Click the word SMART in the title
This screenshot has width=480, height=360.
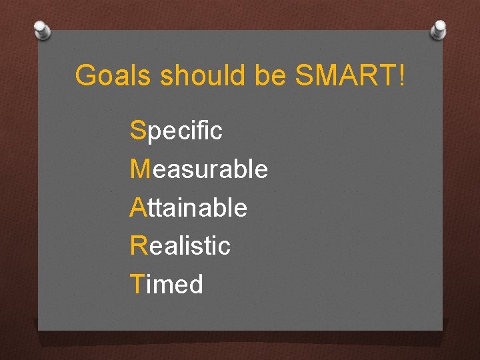(x=345, y=76)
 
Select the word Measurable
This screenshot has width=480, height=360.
(x=199, y=169)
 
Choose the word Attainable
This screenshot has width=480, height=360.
(x=189, y=207)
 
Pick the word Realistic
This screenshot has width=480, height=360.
(x=181, y=245)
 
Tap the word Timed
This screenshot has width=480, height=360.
(x=167, y=284)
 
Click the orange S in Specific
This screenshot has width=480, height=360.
(x=138, y=131)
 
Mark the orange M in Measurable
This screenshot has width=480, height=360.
(x=141, y=169)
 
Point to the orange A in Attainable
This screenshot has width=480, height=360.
(x=138, y=207)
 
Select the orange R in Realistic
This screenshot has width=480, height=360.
(x=139, y=245)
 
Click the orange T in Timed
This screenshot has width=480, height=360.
(x=137, y=284)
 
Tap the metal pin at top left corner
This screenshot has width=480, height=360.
(x=42, y=29)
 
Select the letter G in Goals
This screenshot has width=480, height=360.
(x=85, y=76)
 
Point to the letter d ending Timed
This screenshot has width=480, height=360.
(x=195, y=284)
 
